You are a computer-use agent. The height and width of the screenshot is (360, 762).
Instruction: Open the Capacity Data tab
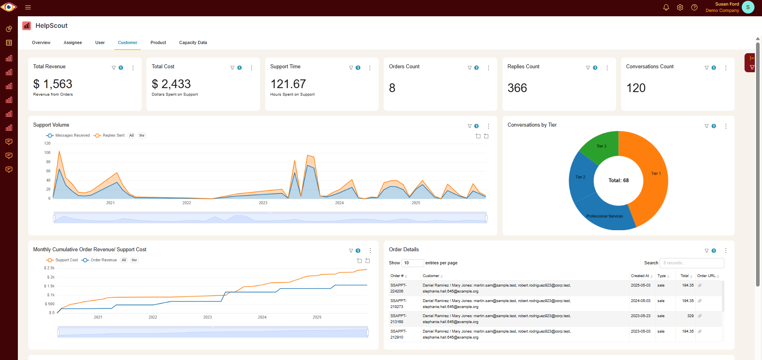tap(193, 42)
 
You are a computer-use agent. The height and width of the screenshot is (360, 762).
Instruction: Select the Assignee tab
tap(73, 42)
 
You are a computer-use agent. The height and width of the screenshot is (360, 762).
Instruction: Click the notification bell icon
tap(666, 8)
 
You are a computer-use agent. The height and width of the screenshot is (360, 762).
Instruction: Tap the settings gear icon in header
tap(680, 8)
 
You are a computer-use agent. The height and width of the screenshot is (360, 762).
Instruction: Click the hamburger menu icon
tap(28, 8)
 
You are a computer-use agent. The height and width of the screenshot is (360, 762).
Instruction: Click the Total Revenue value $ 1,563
tap(53, 84)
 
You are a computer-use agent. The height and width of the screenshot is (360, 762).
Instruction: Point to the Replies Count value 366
tap(517, 88)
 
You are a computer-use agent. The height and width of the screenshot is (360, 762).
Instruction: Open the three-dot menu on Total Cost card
tap(251, 68)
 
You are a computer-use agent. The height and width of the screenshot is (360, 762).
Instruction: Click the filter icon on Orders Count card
tap(470, 68)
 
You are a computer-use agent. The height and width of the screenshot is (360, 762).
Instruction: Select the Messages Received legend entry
tap(68, 135)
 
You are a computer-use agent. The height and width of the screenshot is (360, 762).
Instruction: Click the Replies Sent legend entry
tap(110, 135)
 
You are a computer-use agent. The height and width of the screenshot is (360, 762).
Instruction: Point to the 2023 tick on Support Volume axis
tap(263, 203)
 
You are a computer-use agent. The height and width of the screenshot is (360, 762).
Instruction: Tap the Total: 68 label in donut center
tap(618, 180)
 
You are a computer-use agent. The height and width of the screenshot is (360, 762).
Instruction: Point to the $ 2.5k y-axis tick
tap(50, 268)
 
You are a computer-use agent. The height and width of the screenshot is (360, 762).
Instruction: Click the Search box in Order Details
tap(691, 263)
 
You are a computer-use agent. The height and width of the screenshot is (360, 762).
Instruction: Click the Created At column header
tap(640, 276)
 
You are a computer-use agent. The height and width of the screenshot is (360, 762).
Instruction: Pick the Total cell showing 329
tap(690, 316)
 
